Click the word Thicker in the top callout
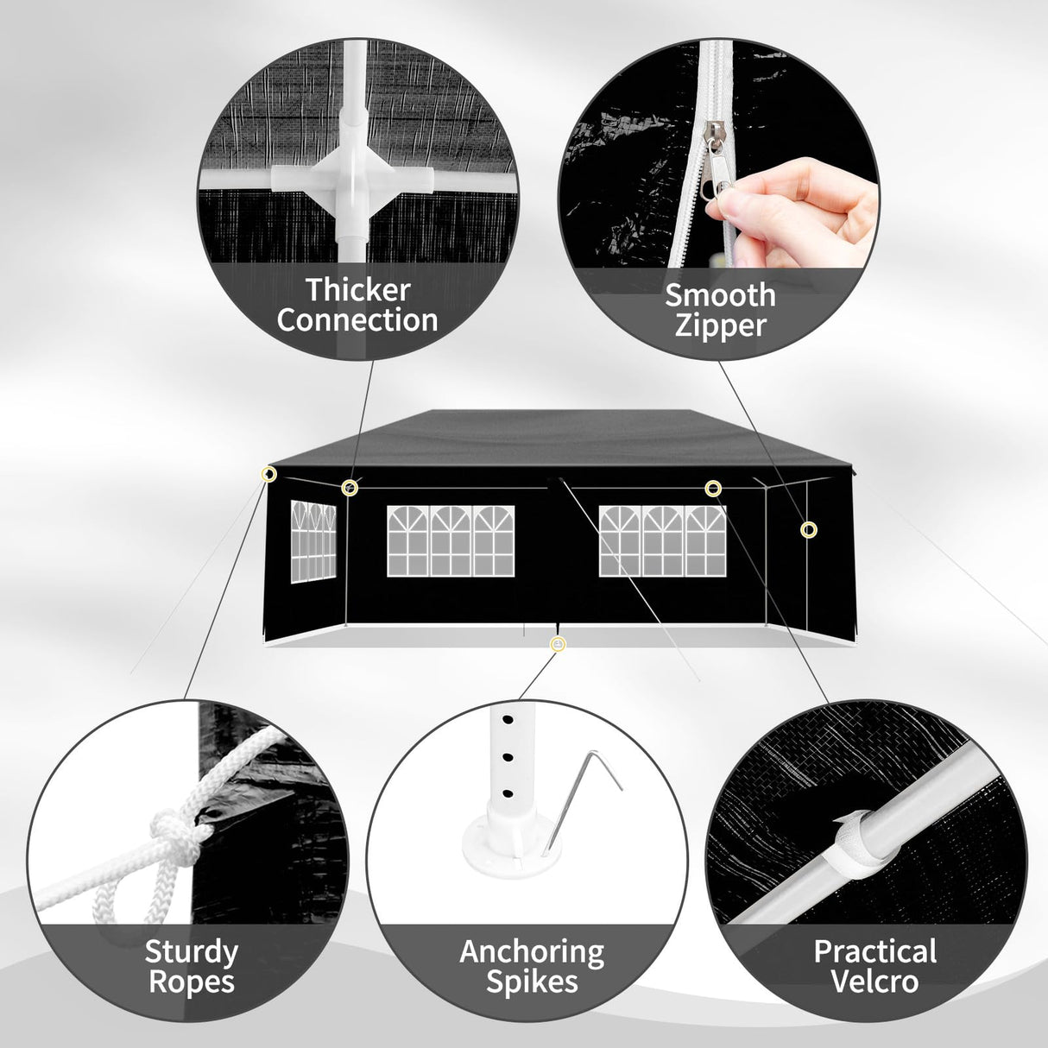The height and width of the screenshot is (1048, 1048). [358, 289]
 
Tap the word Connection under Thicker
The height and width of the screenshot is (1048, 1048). [357, 319]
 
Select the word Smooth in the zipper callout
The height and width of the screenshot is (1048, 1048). [720, 294]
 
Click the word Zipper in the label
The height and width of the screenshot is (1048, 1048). [720, 326]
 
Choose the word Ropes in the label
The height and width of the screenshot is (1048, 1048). [192, 982]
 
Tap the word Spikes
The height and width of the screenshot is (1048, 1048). [532, 982]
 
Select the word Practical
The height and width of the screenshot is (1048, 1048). [875, 951]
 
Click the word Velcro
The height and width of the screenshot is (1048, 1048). [875, 982]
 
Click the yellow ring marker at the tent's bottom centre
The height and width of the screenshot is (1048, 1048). [558, 645]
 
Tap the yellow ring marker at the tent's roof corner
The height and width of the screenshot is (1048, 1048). [268, 474]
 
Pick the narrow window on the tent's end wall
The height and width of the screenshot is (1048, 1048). [313, 541]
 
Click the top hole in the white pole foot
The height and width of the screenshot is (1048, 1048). [508, 720]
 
